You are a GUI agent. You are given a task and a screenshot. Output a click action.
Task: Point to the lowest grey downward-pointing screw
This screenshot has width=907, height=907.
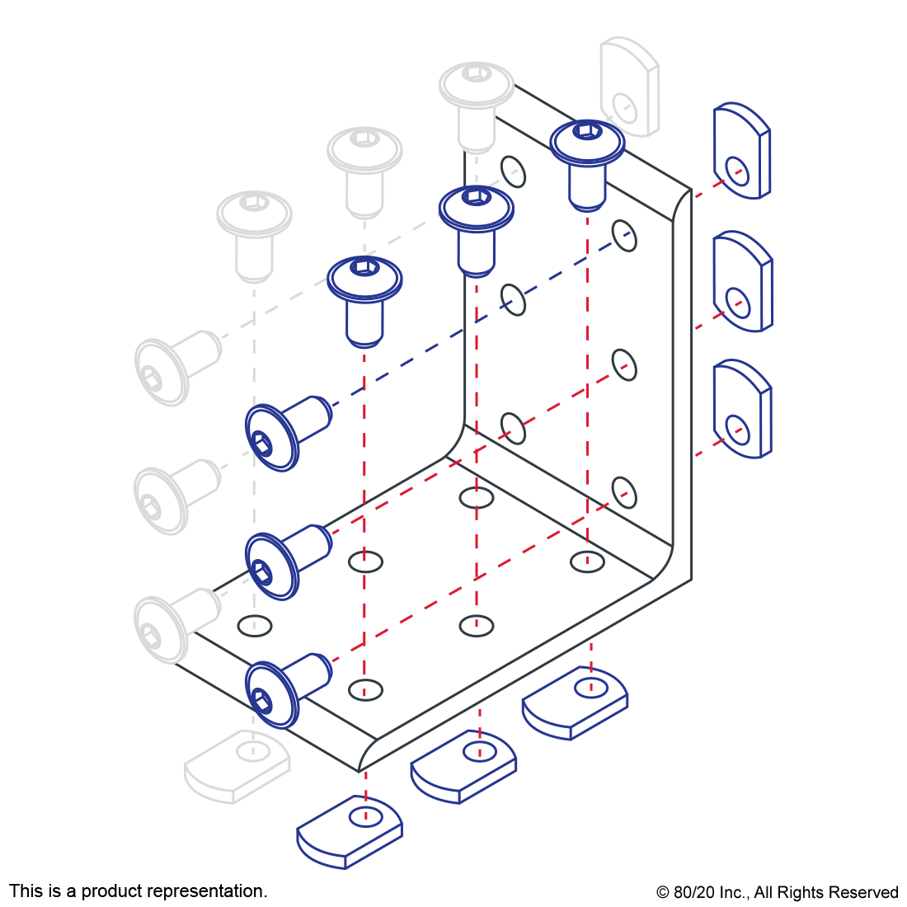point(254,234)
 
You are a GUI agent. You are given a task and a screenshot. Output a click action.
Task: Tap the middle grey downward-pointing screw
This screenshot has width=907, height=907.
point(364,170)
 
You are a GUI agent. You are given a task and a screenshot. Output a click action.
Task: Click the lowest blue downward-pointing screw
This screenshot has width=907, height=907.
point(364,298)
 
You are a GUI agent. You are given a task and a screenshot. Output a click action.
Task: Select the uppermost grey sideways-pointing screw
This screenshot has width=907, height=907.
point(176,367)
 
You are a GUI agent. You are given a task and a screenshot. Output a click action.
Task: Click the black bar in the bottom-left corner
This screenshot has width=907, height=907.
point(138,892)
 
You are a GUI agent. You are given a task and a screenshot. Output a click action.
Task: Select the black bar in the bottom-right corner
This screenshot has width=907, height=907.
point(777,894)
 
